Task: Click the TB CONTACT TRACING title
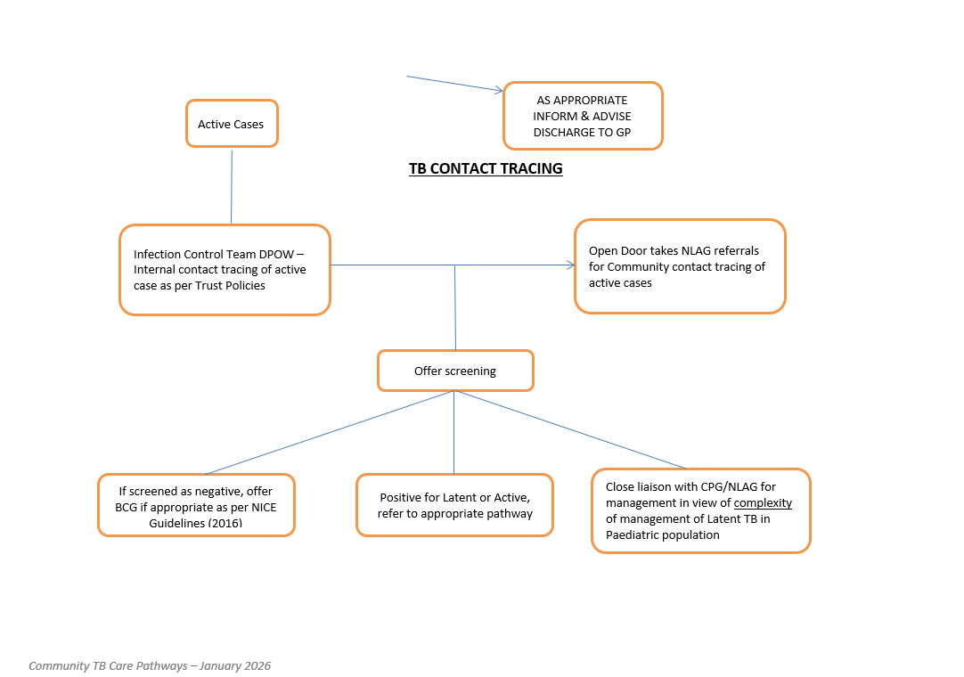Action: click(486, 168)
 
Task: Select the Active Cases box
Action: click(232, 124)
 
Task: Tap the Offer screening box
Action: click(455, 371)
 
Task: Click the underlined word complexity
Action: click(763, 503)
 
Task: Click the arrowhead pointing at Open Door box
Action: click(571, 265)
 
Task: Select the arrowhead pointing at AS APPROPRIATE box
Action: click(499, 90)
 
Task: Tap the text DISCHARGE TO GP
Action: click(582, 132)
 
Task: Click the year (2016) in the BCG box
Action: click(225, 523)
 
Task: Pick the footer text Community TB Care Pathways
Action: click(108, 666)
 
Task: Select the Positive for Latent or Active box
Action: click(455, 505)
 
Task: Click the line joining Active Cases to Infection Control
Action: click(232, 187)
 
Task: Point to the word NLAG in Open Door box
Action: click(695, 251)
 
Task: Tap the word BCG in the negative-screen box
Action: click(126, 507)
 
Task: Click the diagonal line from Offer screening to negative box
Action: click(330, 432)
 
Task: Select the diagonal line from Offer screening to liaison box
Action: click(570, 429)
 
